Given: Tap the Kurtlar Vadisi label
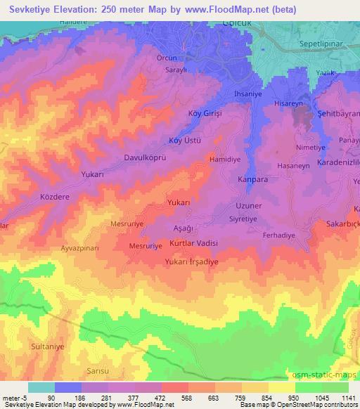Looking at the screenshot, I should [x=194, y=242].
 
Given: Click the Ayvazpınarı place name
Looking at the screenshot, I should [x=82, y=249].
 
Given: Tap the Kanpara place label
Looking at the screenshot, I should [x=253, y=179].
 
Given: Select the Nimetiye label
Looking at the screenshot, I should [x=311, y=148].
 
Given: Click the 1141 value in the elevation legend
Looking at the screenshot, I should [x=347, y=398].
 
